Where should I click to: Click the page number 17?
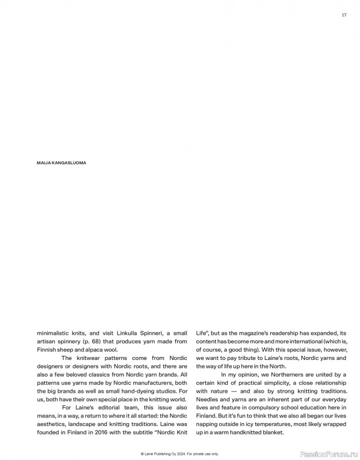coord(344,15)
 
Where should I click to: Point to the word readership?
coord(284,333)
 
